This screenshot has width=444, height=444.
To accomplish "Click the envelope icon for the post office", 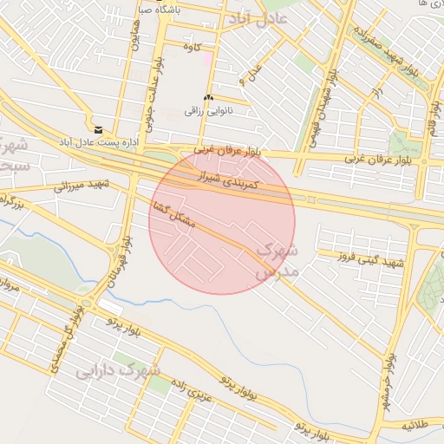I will (97, 129).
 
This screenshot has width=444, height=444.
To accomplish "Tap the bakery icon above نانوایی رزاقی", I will (207, 97).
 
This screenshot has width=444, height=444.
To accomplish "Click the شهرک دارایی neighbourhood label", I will (118, 371).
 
